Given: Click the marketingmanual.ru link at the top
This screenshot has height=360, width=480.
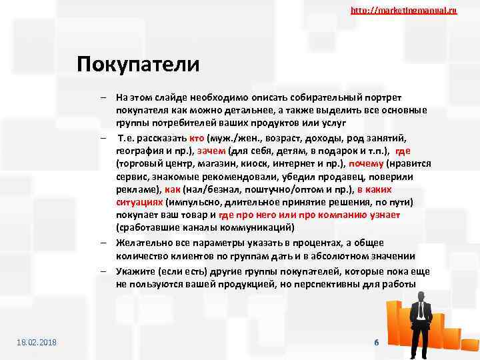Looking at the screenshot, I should pyautogui.click(x=403, y=11).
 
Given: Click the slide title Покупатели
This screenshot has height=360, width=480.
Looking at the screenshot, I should pyautogui.click(x=138, y=65).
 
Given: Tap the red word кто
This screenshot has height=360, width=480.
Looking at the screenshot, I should pyautogui.click(x=196, y=137).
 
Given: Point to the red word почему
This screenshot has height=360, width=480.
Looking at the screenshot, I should pyautogui.click(x=365, y=163).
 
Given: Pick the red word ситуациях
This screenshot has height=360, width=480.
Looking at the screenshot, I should pyautogui.click(x=139, y=203).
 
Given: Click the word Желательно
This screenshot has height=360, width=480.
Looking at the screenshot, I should pyautogui.click(x=144, y=243).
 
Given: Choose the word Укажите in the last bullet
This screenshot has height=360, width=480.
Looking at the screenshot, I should pyautogui.click(x=135, y=271).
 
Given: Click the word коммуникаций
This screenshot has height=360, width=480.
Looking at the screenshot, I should pyautogui.click(x=255, y=228).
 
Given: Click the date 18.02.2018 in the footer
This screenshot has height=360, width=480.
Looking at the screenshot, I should pyautogui.click(x=37, y=342).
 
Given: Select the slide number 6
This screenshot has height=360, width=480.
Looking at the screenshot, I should pyautogui.click(x=377, y=342).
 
